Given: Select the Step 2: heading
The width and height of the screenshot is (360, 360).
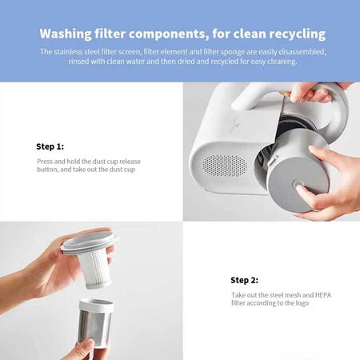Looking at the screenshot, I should (245, 280).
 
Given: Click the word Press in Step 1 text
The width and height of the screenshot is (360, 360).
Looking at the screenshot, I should (46, 161).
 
